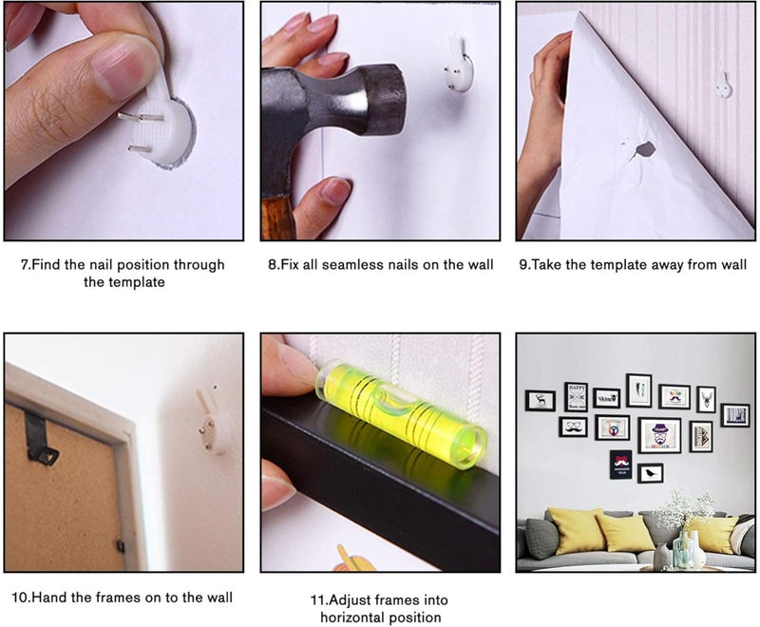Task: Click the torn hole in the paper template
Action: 645,149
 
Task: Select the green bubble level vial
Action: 401,413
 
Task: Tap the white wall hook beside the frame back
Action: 212,420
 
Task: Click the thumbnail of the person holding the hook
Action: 124,122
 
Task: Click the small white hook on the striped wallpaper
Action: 724,85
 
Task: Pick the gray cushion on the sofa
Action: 542,538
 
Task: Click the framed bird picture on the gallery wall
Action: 650,473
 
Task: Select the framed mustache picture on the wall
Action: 573,427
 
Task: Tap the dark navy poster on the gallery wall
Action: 621,465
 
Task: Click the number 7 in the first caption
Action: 23,264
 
